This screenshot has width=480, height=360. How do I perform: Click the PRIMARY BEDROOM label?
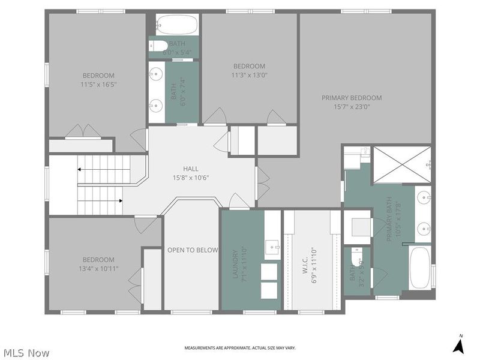pyautogui.click(x=352, y=98)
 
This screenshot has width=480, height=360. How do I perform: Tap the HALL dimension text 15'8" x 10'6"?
pyautogui.click(x=191, y=178)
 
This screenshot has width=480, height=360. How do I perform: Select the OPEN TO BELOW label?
pyautogui.click(x=192, y=250)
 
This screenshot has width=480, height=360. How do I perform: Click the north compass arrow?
pyautogui.click(x=459, y=345)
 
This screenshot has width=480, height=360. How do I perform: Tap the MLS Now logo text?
pyautogui.click(x=26, y=353)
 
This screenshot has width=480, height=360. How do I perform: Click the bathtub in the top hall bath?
pyautogui.click(x=176, y=25)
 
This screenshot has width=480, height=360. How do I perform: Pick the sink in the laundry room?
pyautogui.click(x=272, y=246)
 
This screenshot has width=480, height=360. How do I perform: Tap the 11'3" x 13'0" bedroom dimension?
pyautogui.click(x=249, y=76)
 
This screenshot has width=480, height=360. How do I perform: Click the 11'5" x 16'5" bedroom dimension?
pyautogui.click(x=98, y=85)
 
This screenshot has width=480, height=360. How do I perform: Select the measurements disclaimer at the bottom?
pyautogui.click(x=239, y=348)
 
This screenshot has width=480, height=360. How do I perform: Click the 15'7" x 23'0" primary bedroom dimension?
pyautogui.click(x=352, y=107)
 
